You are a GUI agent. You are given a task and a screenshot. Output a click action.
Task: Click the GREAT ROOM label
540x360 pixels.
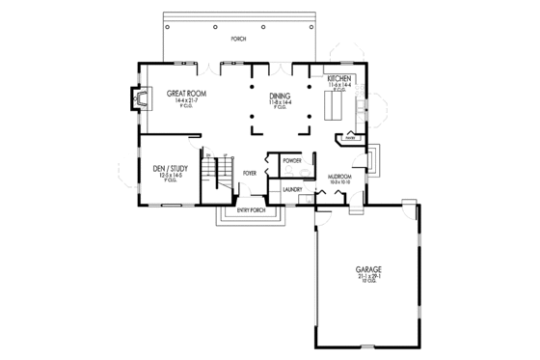[180, 94]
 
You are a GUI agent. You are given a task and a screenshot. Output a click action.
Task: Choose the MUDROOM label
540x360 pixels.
[338, 176]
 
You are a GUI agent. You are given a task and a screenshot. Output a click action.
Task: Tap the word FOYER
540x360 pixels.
[250, 175]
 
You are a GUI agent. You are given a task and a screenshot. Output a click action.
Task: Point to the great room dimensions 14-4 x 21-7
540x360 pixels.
[180, 99]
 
